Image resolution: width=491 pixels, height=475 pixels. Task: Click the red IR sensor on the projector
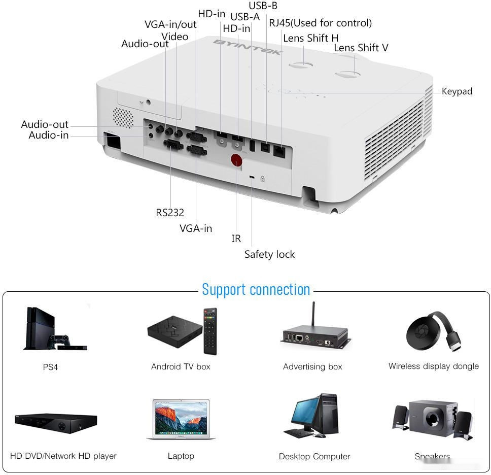point(236,160)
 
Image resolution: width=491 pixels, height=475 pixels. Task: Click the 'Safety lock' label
point(269,254)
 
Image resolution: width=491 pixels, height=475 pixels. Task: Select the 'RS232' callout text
point(169,213)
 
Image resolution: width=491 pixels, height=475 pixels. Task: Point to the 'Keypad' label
point(457,91)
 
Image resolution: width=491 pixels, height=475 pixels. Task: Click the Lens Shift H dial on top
point(301,66)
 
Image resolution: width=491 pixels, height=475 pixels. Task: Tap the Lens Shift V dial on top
point(348,75)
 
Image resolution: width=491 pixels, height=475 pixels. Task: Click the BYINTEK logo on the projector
point(247,50)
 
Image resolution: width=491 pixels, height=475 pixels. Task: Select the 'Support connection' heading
point(256,289)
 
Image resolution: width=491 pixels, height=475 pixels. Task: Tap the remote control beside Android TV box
point(210,331)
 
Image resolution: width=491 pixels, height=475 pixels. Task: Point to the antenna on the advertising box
point(313,315)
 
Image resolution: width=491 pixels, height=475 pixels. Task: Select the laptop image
point(181,419)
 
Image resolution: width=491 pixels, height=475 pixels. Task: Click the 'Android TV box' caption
point(181,366)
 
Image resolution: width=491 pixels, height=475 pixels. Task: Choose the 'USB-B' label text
point(263,6)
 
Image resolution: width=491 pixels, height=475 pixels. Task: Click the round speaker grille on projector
point(122,117)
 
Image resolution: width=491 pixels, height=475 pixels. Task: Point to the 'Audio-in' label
point(48,135)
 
